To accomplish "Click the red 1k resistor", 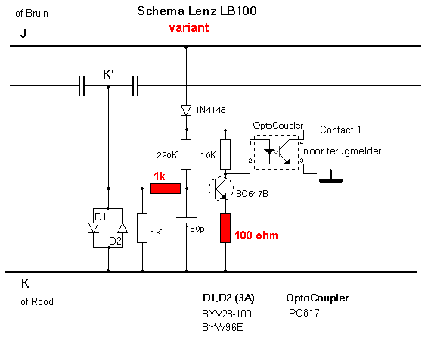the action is coord(166,189).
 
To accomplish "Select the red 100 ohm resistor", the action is coord(225,228).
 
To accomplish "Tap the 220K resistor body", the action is coord(186,154).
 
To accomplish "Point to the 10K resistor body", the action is coord(225,154).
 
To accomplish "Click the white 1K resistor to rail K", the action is coord(142,228).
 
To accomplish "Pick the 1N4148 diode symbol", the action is coord(186,111).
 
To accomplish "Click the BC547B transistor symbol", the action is coord(221,189).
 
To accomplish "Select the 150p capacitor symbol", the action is coord(186,220).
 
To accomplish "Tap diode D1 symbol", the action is coord(94,228).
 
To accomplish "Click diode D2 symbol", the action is coord(122,228).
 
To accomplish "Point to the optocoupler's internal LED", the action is coord(268,151).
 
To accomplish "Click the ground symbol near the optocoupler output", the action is coord(330,176).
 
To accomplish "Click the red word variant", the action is coord(189,28).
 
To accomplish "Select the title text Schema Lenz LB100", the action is coord(197,11).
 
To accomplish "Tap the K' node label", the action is coord(108,74).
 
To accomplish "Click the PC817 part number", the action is coord(304,313).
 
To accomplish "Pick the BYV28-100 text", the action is coord(227,314).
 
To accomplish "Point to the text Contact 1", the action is coord(340,130).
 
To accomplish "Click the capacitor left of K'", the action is coord(82,86).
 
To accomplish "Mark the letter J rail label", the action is coord(23,33).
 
